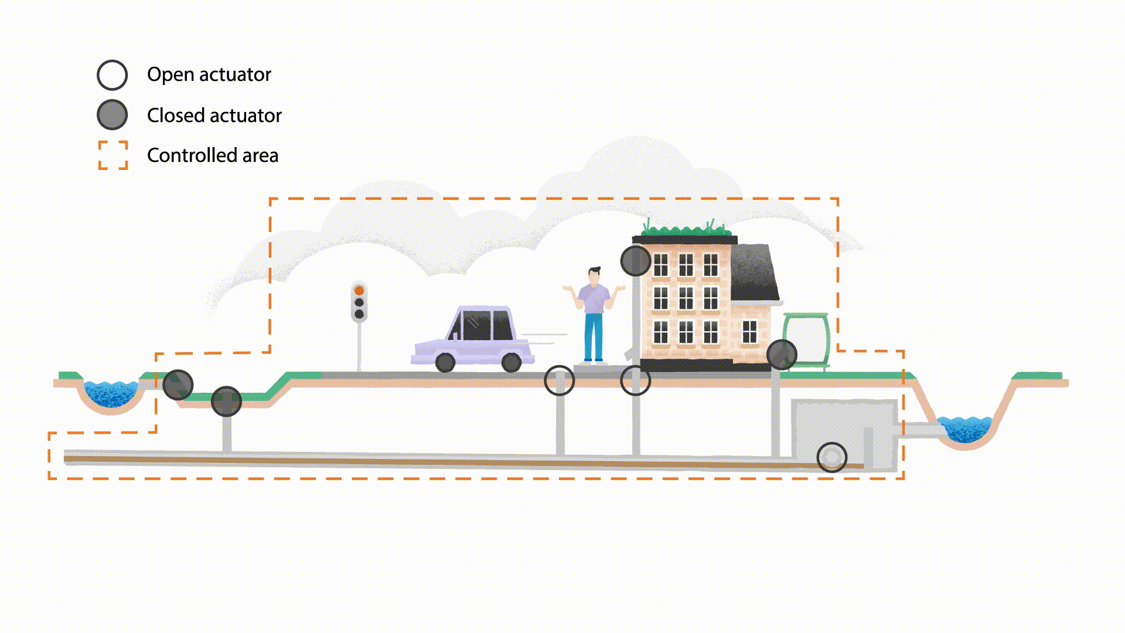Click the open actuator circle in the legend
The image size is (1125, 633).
(112, 75)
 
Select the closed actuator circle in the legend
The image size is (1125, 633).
(112, 115)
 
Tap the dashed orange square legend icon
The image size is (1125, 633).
(113, 155)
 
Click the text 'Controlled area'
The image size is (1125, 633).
(213, 155)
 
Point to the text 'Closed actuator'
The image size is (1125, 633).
(214, 115)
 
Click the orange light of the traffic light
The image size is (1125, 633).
(359, 291)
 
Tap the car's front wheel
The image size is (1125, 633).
(445, 362)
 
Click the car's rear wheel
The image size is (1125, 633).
(512, 362)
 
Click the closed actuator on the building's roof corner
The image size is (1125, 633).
(636, 261)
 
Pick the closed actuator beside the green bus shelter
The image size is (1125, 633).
(782, 354)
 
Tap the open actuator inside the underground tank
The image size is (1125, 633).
(831, 457)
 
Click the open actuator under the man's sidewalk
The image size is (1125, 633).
(560, 381)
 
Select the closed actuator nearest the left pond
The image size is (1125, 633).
(178, 384)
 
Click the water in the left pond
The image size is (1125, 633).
(111, 393)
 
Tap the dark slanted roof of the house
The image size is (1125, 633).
(754, 273)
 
